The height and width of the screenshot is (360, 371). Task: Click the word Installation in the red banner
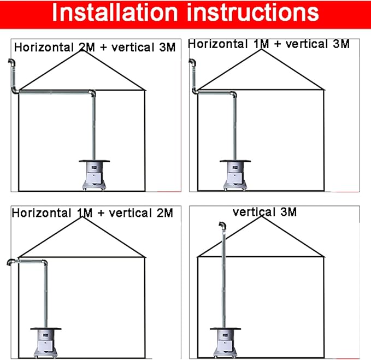click(x=115, y=13)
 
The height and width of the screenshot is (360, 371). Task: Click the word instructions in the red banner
click(x=252, y=13)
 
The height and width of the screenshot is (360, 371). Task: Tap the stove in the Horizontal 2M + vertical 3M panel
click(x=94, y=175)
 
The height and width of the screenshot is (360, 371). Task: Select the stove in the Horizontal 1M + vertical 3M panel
click(x=235, y=175)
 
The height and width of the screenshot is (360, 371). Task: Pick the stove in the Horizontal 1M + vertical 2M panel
click(x=46, y=343)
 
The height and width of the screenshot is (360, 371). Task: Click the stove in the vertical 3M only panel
click(x=225, y=343)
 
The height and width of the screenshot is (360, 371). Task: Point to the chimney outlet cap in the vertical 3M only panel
click(x=222, y=226)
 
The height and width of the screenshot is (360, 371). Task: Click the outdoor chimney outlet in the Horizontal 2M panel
click(x=12, y=63)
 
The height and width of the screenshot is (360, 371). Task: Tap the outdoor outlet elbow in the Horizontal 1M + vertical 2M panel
click(x=11, y=262)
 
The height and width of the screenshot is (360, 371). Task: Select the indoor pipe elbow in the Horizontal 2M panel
click(x=92, y=93)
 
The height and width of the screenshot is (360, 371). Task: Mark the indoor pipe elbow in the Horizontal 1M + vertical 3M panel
click(x=233, y=95)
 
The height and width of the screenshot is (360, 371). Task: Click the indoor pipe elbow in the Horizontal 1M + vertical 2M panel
click(x=44, y=263)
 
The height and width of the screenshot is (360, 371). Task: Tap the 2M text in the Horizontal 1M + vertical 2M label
click(x=165, y=213)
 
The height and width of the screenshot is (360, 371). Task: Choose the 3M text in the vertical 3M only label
click(x=288, y=212)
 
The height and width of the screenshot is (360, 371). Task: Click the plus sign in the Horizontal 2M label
click(x=103, y=48)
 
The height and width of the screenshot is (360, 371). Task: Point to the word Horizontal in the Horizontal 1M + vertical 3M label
click(x=218, y=44)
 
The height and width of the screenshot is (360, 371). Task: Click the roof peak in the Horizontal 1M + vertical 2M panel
click(x=82, y=217)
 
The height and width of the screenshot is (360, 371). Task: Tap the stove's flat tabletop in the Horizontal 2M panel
click(x=94, y=161)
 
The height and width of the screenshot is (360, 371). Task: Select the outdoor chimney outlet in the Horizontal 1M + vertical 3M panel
click(x=192, y=63)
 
